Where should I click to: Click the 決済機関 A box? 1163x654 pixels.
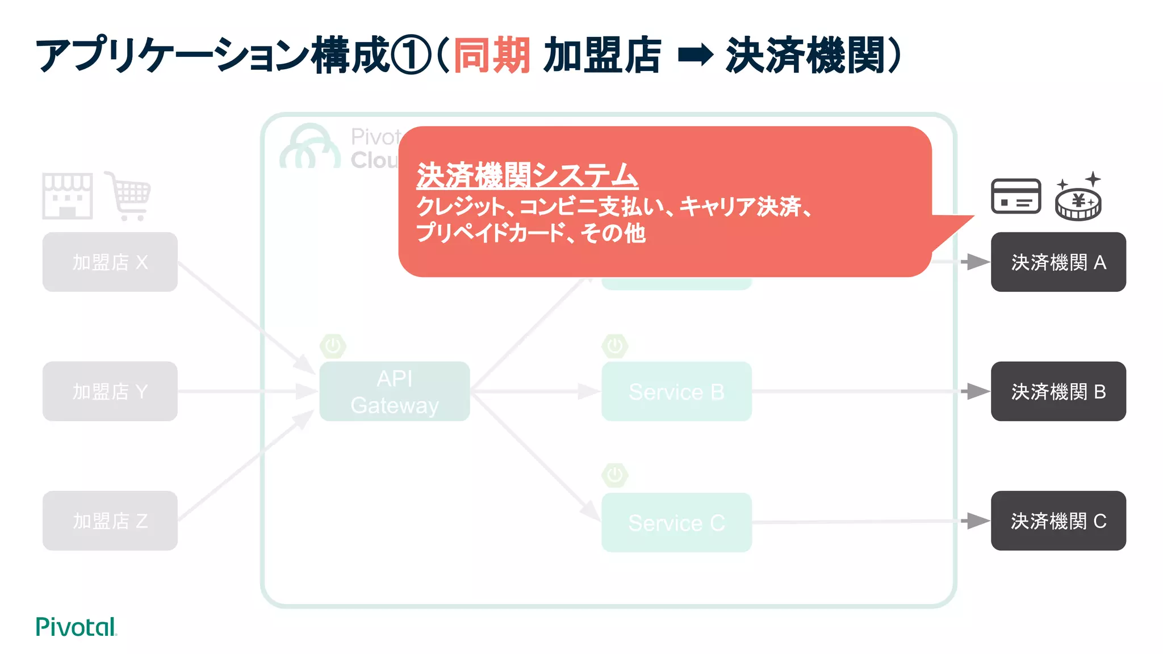[x=1058, y=262]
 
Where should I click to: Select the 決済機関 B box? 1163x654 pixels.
[x=1058, y=391]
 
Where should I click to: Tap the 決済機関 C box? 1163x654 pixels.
[x=1058, y=521]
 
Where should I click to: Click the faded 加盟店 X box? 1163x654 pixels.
[x=110, y=262]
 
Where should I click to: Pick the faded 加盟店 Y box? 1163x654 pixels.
[x=110, y=391]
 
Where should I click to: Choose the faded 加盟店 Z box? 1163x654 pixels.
[x=110, y=521]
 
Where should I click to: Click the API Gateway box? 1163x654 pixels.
[x=394, y=391]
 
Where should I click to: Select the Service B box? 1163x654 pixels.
[x=676, y=391]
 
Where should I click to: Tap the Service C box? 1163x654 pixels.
[x=676, y=522]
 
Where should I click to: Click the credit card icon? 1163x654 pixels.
[x=1015, y=196]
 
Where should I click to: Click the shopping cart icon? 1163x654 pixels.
[x=129, y=196]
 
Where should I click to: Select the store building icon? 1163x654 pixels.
[x=67, y=196]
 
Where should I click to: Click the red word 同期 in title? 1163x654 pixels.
[x=492, y=56]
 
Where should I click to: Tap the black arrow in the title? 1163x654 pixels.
[x=695, y=56]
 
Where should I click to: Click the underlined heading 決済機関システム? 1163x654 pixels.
[x=527, y=175]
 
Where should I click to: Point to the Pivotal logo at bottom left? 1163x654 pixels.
[x=76, y=627]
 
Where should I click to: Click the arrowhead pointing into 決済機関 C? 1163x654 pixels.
[x=976, y=521]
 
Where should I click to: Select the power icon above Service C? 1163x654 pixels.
[x=614, y=475]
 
